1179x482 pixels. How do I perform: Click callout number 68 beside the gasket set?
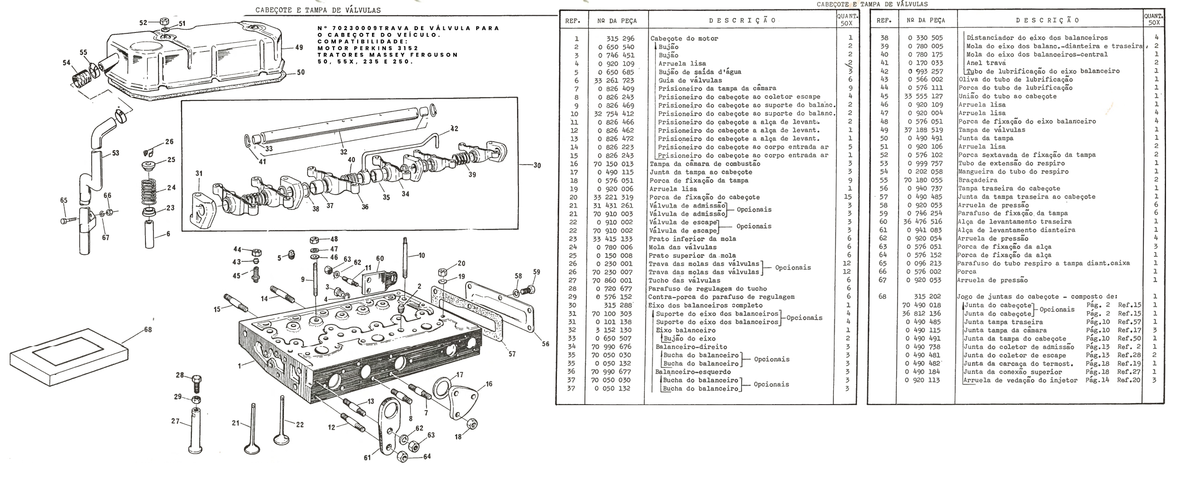[x=147, y=330]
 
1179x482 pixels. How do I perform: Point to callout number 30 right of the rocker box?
[x=537, y=165]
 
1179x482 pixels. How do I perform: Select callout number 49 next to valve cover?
[x=299, y=47]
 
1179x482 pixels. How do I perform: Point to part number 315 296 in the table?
[x=618, y=38]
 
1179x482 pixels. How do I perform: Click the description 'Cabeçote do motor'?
[x=684, y=38]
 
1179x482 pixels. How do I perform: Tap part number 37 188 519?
[x=922, y=130]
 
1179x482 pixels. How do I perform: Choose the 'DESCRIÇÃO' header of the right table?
[x=1047, y=20]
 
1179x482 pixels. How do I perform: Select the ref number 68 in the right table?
[x=882, y=297]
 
